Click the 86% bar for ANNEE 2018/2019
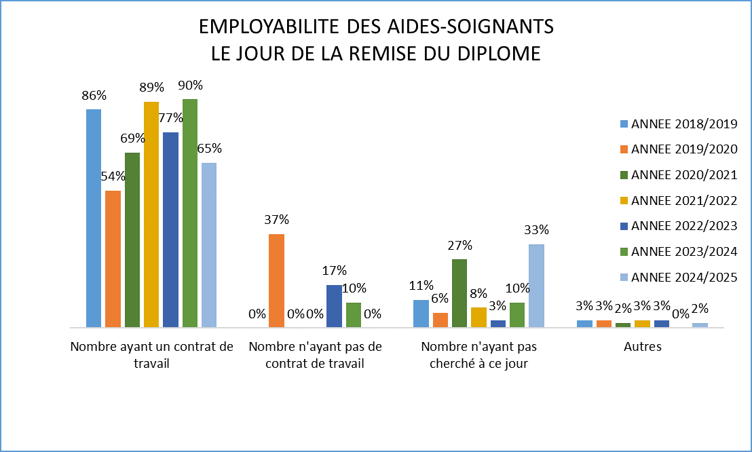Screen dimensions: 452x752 click(x=94, y=217)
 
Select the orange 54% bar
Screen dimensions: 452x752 click(x=113, y=259)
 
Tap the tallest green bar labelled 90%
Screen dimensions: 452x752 click(x=190, y=212)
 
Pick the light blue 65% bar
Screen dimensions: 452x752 click(x=209, y=244)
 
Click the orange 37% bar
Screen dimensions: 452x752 click(x=276, y=280)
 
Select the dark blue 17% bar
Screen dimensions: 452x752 click(x=334, y=305)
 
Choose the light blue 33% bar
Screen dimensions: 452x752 click(x=536, y=285)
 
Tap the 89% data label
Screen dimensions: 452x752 click(x=151, y=88)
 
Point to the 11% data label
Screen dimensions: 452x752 click(x=421, y=285)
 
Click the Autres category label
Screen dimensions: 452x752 click(x=642, y=347)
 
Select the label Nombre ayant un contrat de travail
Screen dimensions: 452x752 click(x=151, y=355)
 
